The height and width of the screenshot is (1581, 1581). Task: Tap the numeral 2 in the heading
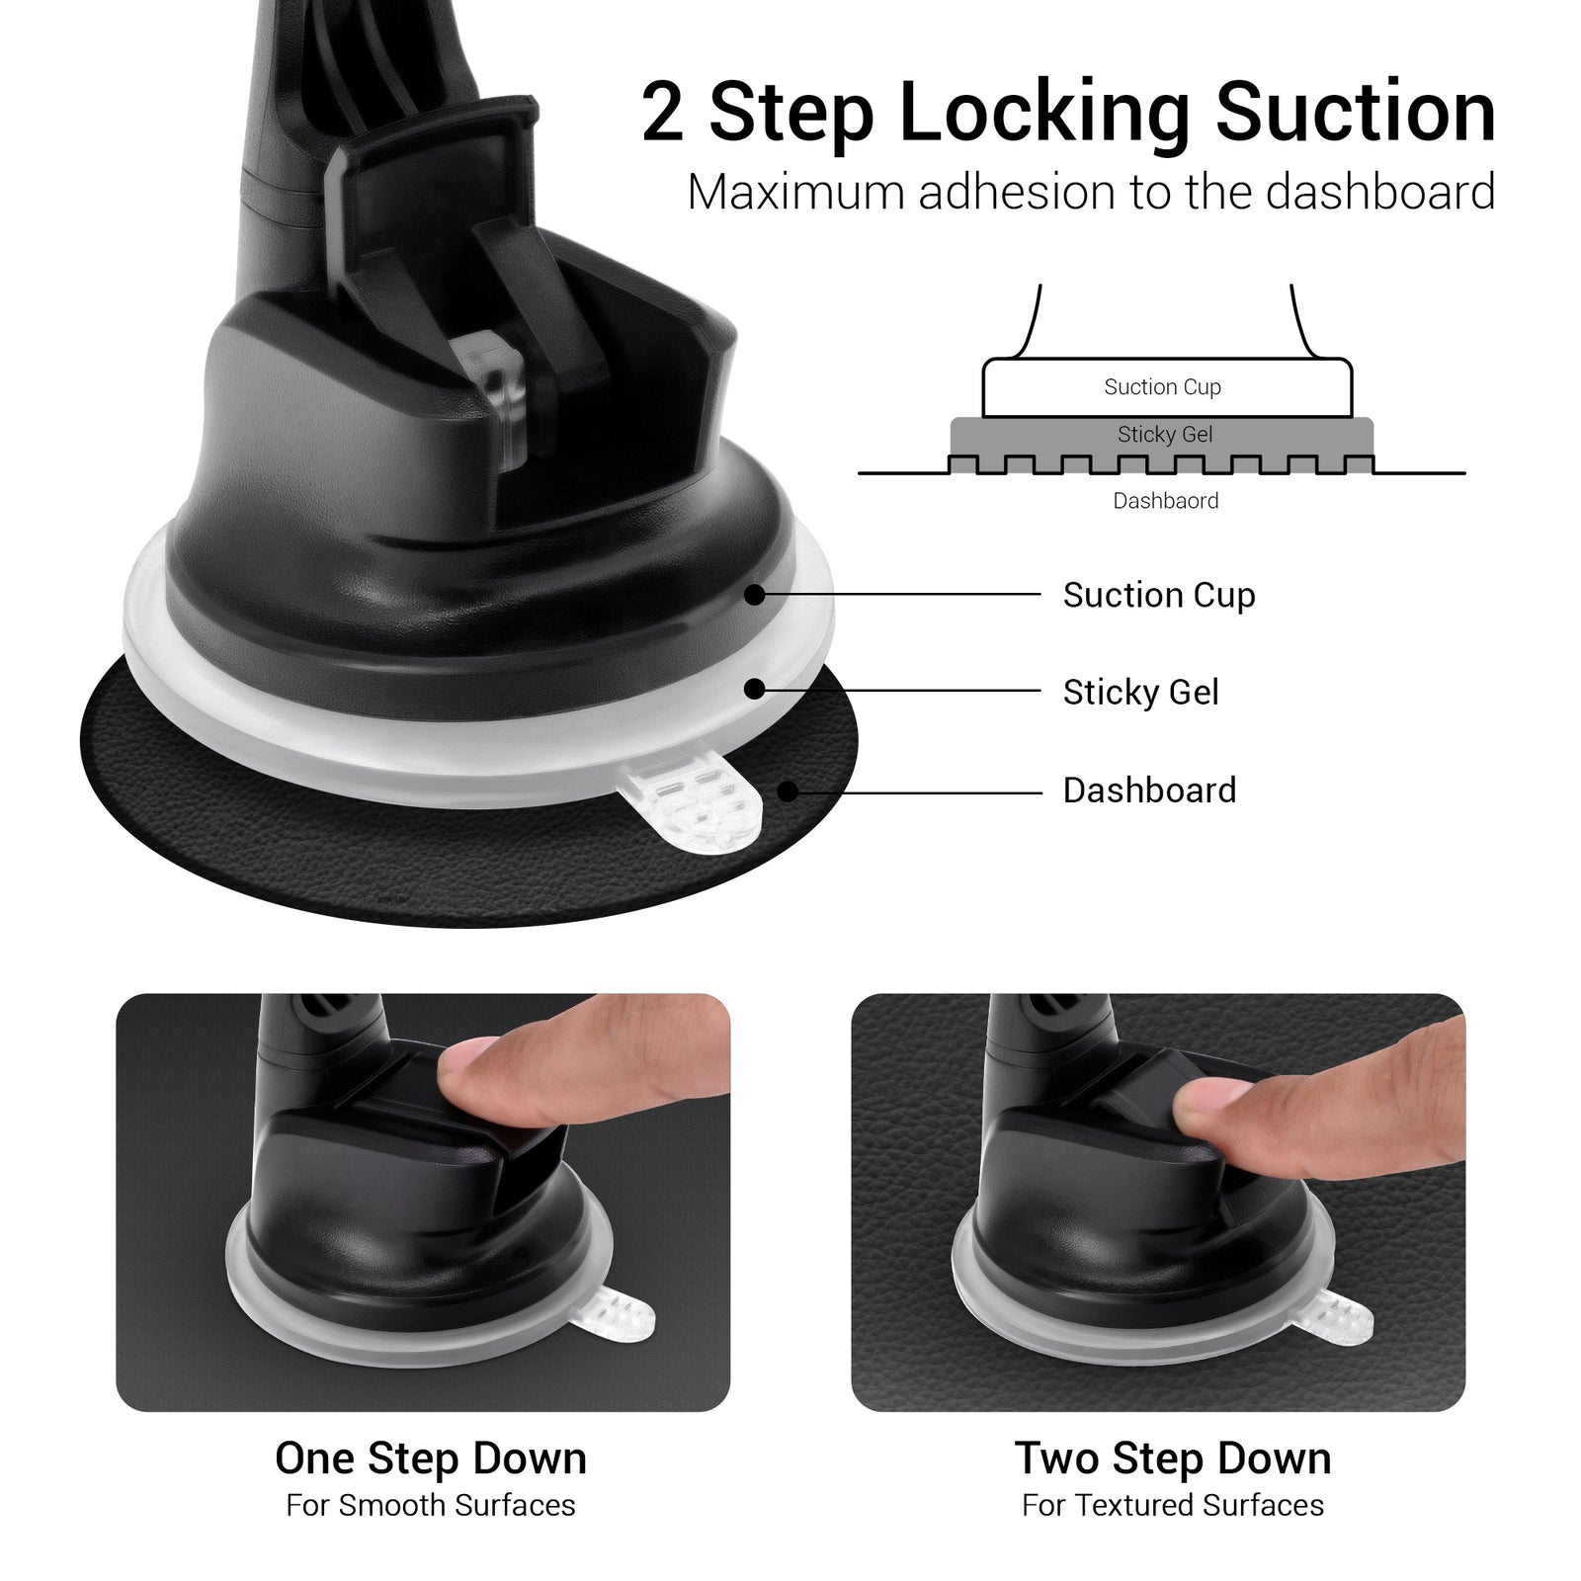point(664,112)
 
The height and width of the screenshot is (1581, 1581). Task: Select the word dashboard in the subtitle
point(1379,192)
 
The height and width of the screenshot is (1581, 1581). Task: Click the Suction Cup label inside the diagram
point(1162,387)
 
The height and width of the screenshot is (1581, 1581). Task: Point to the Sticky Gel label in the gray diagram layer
point(1165,435)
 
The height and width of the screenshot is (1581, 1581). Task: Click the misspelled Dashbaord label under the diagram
point(1166,501)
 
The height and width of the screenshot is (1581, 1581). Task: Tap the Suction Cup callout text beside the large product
point(1159,595)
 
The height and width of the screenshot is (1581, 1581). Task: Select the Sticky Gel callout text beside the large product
point(1141,692)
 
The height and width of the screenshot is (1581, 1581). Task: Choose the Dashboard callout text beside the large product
point(1150,790)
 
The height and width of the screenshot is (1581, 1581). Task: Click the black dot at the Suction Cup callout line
point(755,595)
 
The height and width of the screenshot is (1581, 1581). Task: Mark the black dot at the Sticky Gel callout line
point(754,690)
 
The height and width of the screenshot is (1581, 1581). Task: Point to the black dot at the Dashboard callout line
point(788,791)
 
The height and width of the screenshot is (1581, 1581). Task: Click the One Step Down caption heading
point(431,1458)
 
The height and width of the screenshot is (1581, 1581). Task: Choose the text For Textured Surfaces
point(1173,1505)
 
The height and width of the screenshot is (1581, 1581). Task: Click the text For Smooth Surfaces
point(431,1505)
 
